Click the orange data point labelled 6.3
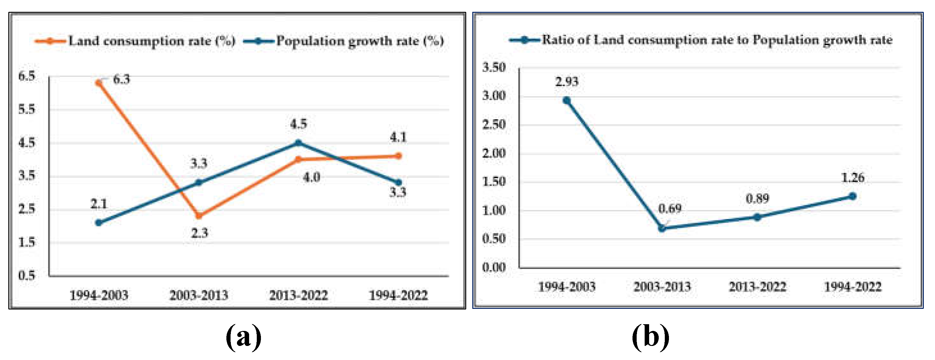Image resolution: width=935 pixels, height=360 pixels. tap(98, 83)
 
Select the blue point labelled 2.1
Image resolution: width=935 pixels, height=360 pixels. tap(98, 223)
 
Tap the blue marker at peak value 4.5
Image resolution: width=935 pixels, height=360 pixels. tap(298, 143)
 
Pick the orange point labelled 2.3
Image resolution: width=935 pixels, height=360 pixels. tap(199, 216)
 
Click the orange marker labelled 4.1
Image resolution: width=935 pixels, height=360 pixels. tap(398, 156)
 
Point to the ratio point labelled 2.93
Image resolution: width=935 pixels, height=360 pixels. tap(567, 100)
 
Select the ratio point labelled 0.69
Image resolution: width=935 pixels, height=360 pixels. tap(662, 228)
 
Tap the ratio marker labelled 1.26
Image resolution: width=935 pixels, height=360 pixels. tap(852, 196)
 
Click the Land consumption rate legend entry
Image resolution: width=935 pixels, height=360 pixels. tap(135, 41)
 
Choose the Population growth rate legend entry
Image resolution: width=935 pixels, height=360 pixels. tap(344, 41)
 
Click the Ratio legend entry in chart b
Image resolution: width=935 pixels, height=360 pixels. tap(701, 40)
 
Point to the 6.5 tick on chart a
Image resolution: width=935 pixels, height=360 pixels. tap(27, 76)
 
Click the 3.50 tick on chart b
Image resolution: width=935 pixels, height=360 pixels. tap(494, 67)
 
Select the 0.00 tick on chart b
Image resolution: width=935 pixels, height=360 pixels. tap(494, 268)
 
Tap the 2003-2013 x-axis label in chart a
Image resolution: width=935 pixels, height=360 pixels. tap(199, 295)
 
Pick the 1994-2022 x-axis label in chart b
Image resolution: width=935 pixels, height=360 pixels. tap(852, 287)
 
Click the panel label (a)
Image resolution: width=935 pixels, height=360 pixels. tap(243, 337)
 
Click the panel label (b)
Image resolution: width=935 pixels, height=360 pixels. tap(650, 337)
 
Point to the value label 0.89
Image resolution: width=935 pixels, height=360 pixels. tap(757, 199)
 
